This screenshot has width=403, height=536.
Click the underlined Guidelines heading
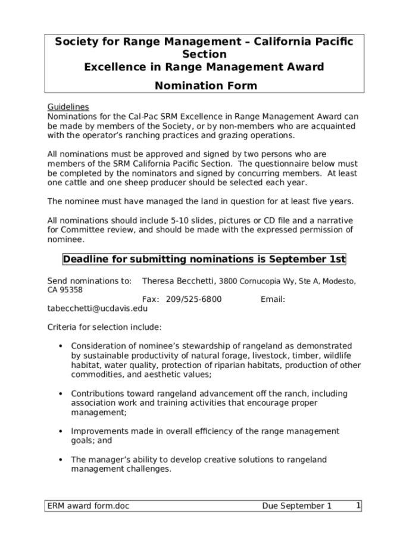pos(68,107)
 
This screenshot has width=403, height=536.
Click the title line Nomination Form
pos(205,85)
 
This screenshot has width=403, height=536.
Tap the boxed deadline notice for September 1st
pos(204,259)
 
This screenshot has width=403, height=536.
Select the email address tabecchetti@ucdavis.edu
pos(97,308)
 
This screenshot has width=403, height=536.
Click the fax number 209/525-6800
pos(193,299)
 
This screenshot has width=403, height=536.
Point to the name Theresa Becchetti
pos(178,281)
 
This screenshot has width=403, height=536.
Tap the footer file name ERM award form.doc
pos(89,506)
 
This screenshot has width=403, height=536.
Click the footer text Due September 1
pos(296,506)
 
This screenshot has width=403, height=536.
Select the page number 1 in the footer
pos(358,506)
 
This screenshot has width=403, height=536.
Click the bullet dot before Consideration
pos(61,347)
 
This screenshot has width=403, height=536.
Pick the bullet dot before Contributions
pos(61,394)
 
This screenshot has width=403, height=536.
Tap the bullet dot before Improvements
pos(61,431)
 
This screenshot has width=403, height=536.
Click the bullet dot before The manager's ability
pos(61,460)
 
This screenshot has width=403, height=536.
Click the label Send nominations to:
pos(89,281)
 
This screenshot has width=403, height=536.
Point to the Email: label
pos(273,299)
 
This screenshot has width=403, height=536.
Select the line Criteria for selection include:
pos(104,327)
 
